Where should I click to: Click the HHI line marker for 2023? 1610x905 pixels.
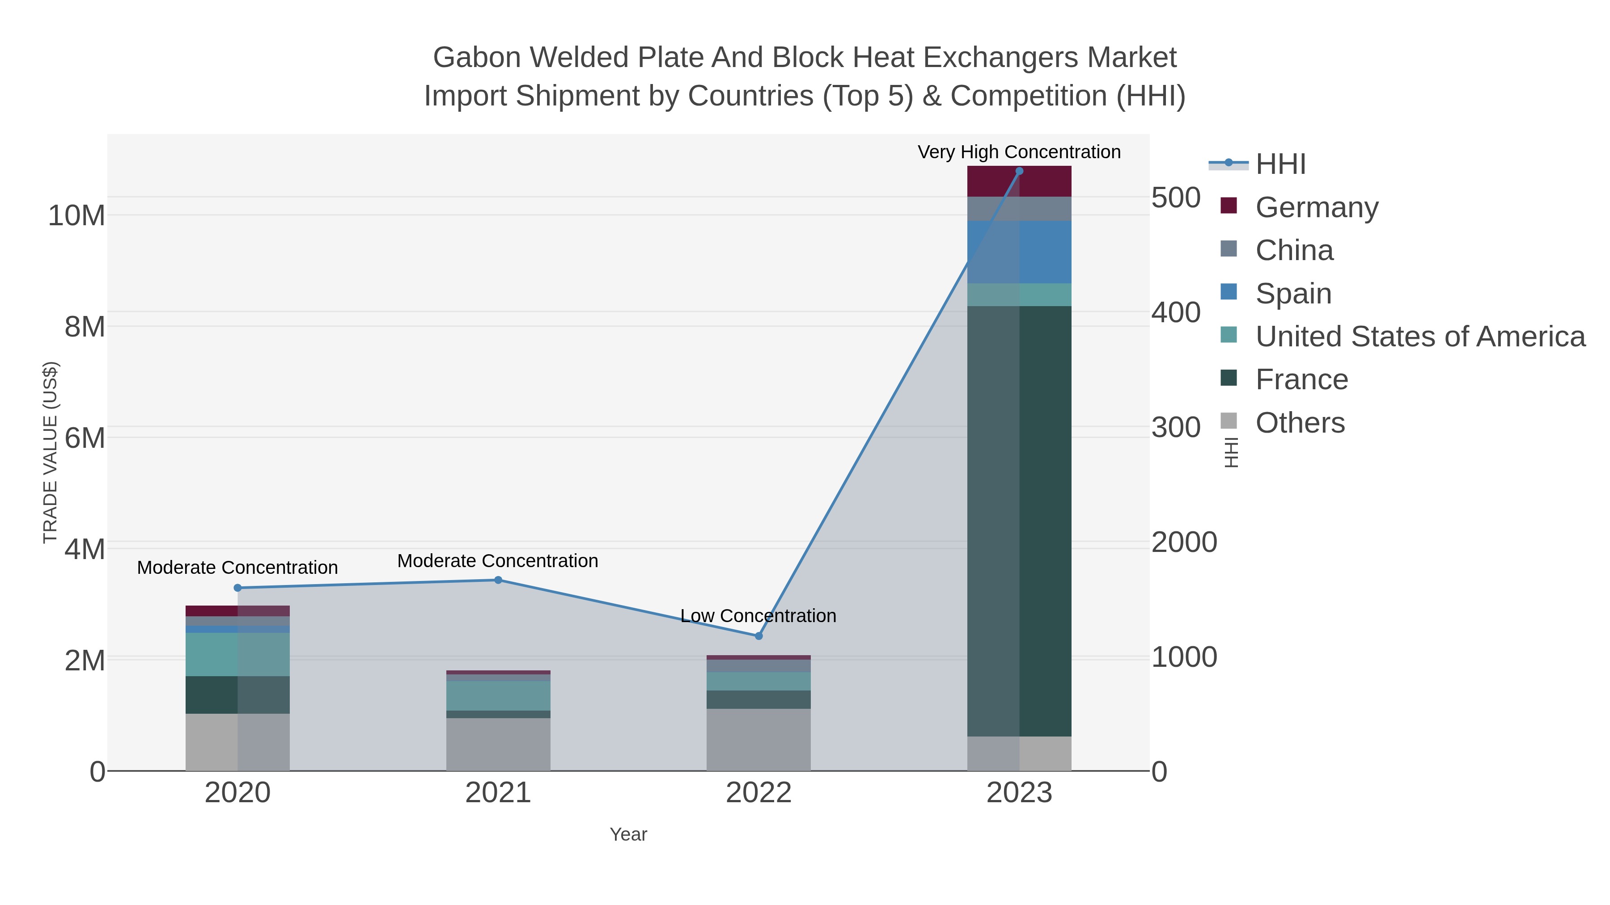[x=1019, y=171]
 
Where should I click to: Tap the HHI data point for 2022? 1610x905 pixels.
[x=759, y=636]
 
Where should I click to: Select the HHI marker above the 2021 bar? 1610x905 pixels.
[x=498, y=580]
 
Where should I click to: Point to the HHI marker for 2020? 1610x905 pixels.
[x=237, y=588]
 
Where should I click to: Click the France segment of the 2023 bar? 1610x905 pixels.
[x=1019, y=521]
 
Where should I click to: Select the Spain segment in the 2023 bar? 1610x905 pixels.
[x=1019, y=253]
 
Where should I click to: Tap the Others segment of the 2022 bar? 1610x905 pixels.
[x=759, y=740]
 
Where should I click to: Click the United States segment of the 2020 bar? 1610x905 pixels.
[x=237, y=655]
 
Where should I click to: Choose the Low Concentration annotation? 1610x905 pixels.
[x=758, y=616]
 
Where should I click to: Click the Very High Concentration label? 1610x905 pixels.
[x=1019, y=152]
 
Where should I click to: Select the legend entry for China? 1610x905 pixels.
[x=1294, y=250]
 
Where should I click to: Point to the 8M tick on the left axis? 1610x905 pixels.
[x=85, y=327]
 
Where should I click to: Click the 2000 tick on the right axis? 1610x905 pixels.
[x=1184, y=542]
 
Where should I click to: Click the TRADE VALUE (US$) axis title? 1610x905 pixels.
[x=50, y=452]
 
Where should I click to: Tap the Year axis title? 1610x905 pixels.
[x=628, y=834]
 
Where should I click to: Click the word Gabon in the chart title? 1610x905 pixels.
[x=477, y=58]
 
